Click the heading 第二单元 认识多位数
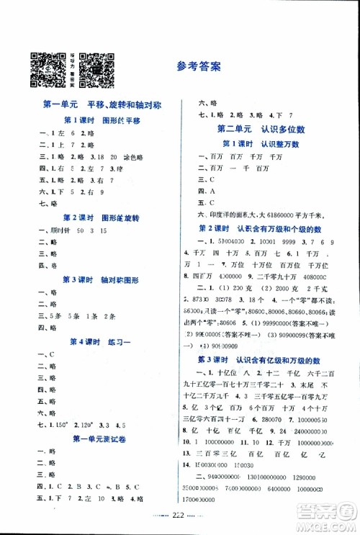[x=262, y=129]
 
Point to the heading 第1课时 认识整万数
[x=262, y=144]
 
